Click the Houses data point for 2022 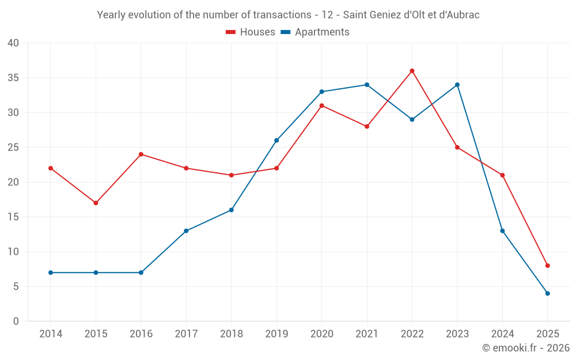point(412,71)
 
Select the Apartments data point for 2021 point(367,85)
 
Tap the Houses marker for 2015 point(96,203)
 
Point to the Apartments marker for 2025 point(548,293)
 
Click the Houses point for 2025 point(548,266)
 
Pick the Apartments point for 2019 point(276,141)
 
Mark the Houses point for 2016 point(141,154)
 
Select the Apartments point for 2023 point(457,85)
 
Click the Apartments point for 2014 point(51,272)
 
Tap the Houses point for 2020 point(321,105)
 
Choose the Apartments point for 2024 point(502,231)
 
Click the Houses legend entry point(251,32)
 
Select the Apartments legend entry point(315,32)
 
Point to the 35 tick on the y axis point(13,78)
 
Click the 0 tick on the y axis point(16,321)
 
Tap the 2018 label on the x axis point(231,334)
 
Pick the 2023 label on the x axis point(457,334)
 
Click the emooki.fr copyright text point(526,348)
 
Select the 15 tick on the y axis point(13,217)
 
